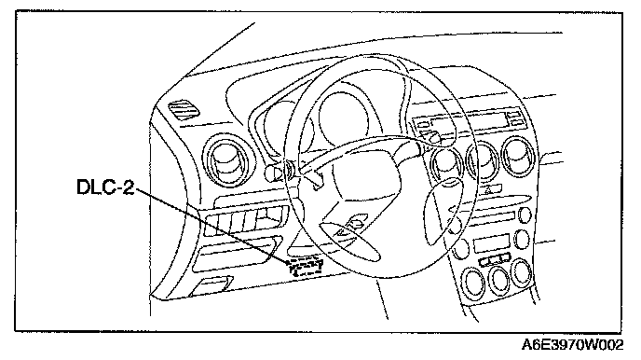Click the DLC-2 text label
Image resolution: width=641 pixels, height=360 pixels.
[105, 187]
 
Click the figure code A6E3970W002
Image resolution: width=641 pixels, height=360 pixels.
[572, 345]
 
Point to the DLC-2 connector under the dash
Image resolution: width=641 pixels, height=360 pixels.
[305, 267]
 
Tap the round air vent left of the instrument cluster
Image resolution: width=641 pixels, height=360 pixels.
[227, 159]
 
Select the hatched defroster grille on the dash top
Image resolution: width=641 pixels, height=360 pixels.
[184, 109]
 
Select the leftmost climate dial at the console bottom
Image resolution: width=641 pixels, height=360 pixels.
[473, 283]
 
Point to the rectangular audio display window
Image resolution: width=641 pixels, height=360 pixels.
[492, 243]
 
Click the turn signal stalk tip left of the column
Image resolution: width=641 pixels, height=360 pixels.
[269, 173]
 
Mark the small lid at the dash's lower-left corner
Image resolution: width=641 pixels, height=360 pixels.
[211, 286]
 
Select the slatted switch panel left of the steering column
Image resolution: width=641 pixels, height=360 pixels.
[245, 221]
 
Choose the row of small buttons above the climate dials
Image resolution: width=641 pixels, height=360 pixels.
[494, 259]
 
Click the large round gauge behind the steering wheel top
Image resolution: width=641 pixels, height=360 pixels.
[345, 118]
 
